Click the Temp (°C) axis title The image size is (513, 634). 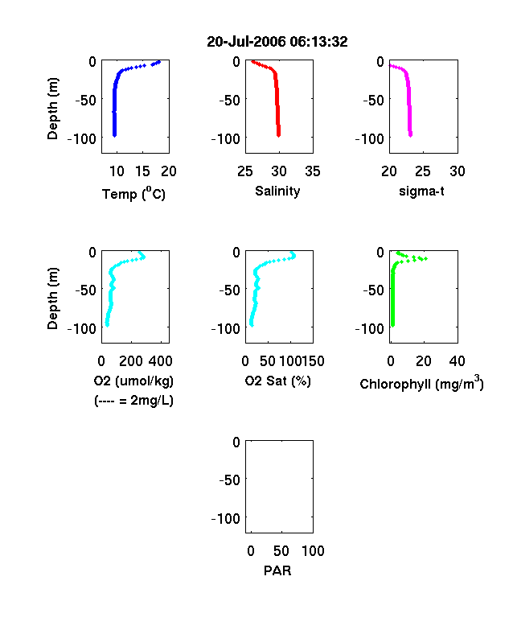(133, 194)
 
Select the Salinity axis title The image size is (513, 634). (277, 191)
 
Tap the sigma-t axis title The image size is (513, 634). (421, 191)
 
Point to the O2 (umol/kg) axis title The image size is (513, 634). (133, 381)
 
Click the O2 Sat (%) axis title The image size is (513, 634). (278, 381)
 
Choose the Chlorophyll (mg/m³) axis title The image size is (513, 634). (421, 383)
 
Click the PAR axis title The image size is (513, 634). (277, 570)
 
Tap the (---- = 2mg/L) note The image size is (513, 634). (133, 401)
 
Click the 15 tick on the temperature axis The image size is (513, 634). (142, 171)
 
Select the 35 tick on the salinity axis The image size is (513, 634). (313, 171)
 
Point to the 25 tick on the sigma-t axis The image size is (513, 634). (422, 171)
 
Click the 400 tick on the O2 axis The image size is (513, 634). (161, 361)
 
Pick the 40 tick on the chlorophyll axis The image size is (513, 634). (457, 361)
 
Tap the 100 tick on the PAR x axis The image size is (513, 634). (313, 550)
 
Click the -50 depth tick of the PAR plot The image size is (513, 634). (229, 480)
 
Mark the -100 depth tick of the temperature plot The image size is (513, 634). (81, 138)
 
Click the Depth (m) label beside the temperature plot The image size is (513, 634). (52, 109)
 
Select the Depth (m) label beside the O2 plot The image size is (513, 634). (52, 298)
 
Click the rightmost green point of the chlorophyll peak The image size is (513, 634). (425, 258)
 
